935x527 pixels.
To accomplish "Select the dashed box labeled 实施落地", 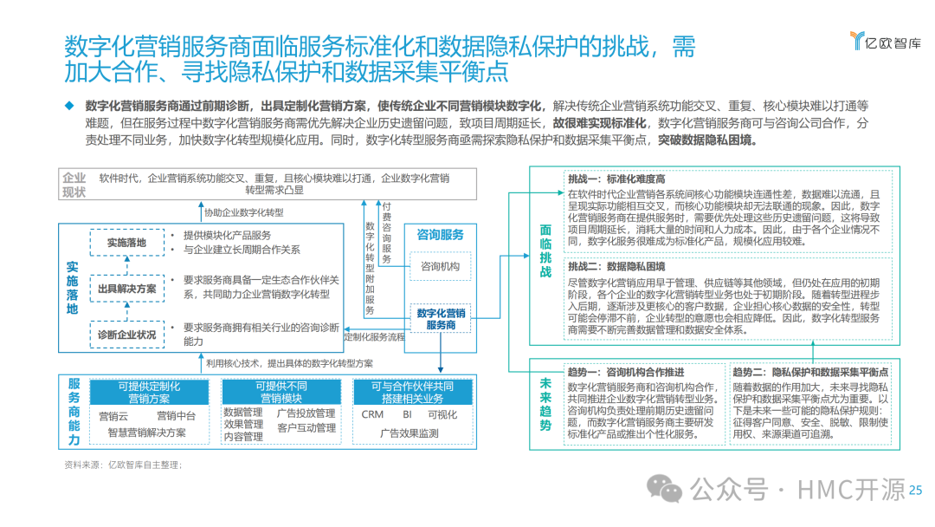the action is point(126,243).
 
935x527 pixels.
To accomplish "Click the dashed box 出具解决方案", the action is point(126,289).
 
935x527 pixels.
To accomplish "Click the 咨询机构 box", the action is point(440,266).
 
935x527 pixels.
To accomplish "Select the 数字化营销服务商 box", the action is point(441,318).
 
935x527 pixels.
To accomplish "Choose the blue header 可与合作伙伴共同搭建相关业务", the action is point(413,393).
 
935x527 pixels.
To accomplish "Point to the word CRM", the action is point(372,415).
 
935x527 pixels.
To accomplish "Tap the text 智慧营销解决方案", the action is point(147,433).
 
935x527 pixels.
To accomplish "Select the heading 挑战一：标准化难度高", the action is point(616,179).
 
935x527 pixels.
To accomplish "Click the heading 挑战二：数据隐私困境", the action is point(616,266).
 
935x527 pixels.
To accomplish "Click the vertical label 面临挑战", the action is point(545,251).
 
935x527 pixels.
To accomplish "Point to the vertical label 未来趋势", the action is point(545,404).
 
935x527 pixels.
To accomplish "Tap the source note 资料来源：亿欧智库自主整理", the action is point(123,465).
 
